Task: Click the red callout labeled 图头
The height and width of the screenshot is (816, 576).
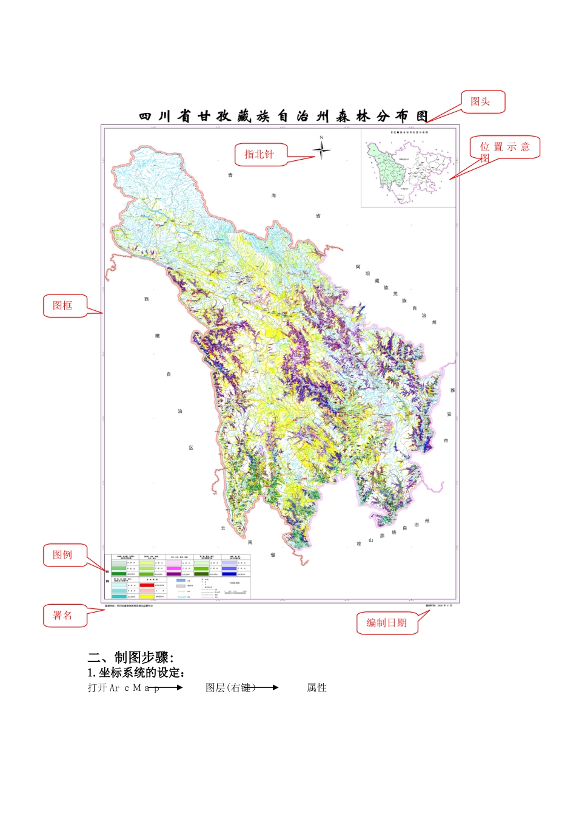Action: pos(483,102)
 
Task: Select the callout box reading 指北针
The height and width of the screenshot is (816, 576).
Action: pos(260,154)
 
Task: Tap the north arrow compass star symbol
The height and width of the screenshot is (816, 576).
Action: pos(321,149)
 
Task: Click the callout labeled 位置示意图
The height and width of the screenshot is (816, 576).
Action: pos(504,148)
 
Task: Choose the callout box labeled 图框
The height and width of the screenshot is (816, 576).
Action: pos(63,305)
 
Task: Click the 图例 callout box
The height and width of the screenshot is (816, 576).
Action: pos(63,555)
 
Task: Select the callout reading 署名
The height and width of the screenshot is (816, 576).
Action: pos(63,616)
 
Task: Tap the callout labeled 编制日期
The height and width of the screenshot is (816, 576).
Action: pos(387,623)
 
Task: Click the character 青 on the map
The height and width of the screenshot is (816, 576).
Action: pos(230,175)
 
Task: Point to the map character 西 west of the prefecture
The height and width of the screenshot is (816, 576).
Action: pos(146,299)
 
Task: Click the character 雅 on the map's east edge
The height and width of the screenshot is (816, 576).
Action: pos(452,390)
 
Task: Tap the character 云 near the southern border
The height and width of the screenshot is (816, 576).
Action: pos(223,528)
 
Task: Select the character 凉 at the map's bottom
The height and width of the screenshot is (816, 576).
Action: pos(359,543)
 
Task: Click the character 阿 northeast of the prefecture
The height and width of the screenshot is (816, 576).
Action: pos(358,267)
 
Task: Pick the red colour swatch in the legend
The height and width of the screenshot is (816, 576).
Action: pos(147,585)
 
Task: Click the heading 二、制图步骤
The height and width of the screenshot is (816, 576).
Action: pos(131,658)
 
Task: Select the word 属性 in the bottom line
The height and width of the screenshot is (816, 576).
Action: pos(316,688)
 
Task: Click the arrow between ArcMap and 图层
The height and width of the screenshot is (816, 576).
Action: pos(171,688)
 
